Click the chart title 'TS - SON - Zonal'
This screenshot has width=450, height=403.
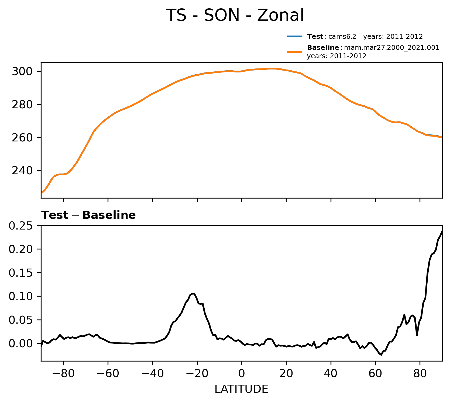(235, 15)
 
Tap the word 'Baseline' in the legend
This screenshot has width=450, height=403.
(323, 48)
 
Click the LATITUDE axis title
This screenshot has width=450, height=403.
(241, 389)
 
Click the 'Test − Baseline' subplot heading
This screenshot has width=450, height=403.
(88, 215)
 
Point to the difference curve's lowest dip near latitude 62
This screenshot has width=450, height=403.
(381, 355)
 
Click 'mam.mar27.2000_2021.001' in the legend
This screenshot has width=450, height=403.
(392, 48)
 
